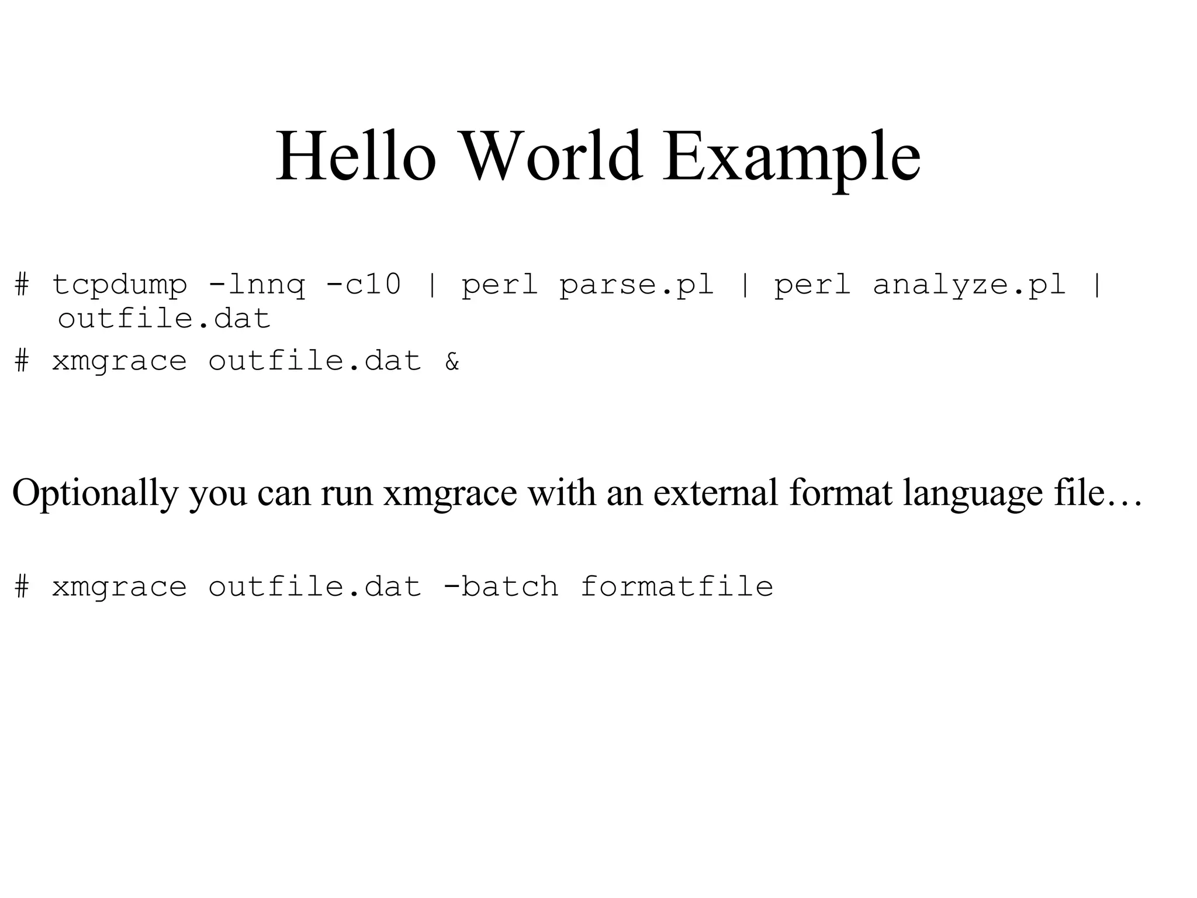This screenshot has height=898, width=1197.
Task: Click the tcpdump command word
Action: click(x=120, y=285)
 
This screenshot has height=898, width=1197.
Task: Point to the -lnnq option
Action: click(x=257, y=285)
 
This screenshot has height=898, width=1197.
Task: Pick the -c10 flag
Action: click(x=364, y=284)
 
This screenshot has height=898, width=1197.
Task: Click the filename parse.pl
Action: click(x=636, y=285)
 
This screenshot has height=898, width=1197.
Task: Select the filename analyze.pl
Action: click(x=969, y=285)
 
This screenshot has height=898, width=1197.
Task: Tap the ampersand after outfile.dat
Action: click(x=452, y=361)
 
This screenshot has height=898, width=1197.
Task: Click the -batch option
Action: click(x=501, y=586)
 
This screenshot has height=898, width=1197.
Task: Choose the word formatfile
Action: click(x=677, y=586)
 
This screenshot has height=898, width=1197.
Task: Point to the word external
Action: click(x=715, y=492)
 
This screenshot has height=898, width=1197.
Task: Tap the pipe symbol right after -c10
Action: click(x=432, y=285)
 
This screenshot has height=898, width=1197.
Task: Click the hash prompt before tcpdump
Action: click(x=22, y=285)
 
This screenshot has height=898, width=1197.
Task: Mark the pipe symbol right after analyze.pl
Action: click(x=1097, y=285)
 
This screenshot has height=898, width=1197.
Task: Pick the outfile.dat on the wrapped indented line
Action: click(x=164, y=319)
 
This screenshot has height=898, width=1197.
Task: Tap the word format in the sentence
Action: click(x=840, y=492)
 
